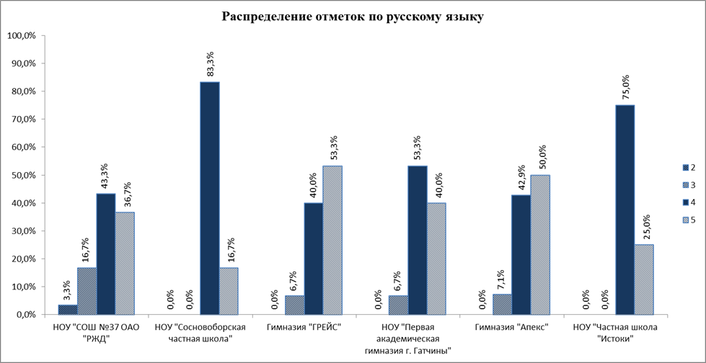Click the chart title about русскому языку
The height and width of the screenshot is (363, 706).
pyautogui.click(x=353, y=17)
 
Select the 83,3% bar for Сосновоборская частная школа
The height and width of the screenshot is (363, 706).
pyautogui.click(x=210, y=198)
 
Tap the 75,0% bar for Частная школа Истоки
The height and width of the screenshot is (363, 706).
pyautogui.click(x=625, y=210)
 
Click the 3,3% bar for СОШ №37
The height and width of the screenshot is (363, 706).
pyautogui.click(x=68, y=310)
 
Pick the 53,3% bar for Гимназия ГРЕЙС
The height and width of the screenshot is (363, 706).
pyautogui.click(x=332, y=241)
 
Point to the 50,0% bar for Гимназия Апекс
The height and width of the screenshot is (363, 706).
pyautogui.click(x=540, y=245)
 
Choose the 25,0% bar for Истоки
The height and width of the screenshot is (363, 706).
pyautogui.click(x=644, y=279)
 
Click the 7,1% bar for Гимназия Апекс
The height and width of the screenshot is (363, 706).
pyautogui.click(x=503, y=305)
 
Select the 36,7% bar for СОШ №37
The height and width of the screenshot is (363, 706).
pyautogui.click(x=125, y=264)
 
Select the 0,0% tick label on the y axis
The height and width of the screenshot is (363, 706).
pyautogui.click(x=25, y=315)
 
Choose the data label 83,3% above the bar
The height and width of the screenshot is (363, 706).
pyautogui.click(x=211, y=66)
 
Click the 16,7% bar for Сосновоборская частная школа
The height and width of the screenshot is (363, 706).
pyautogui.click(x=229, y=292)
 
